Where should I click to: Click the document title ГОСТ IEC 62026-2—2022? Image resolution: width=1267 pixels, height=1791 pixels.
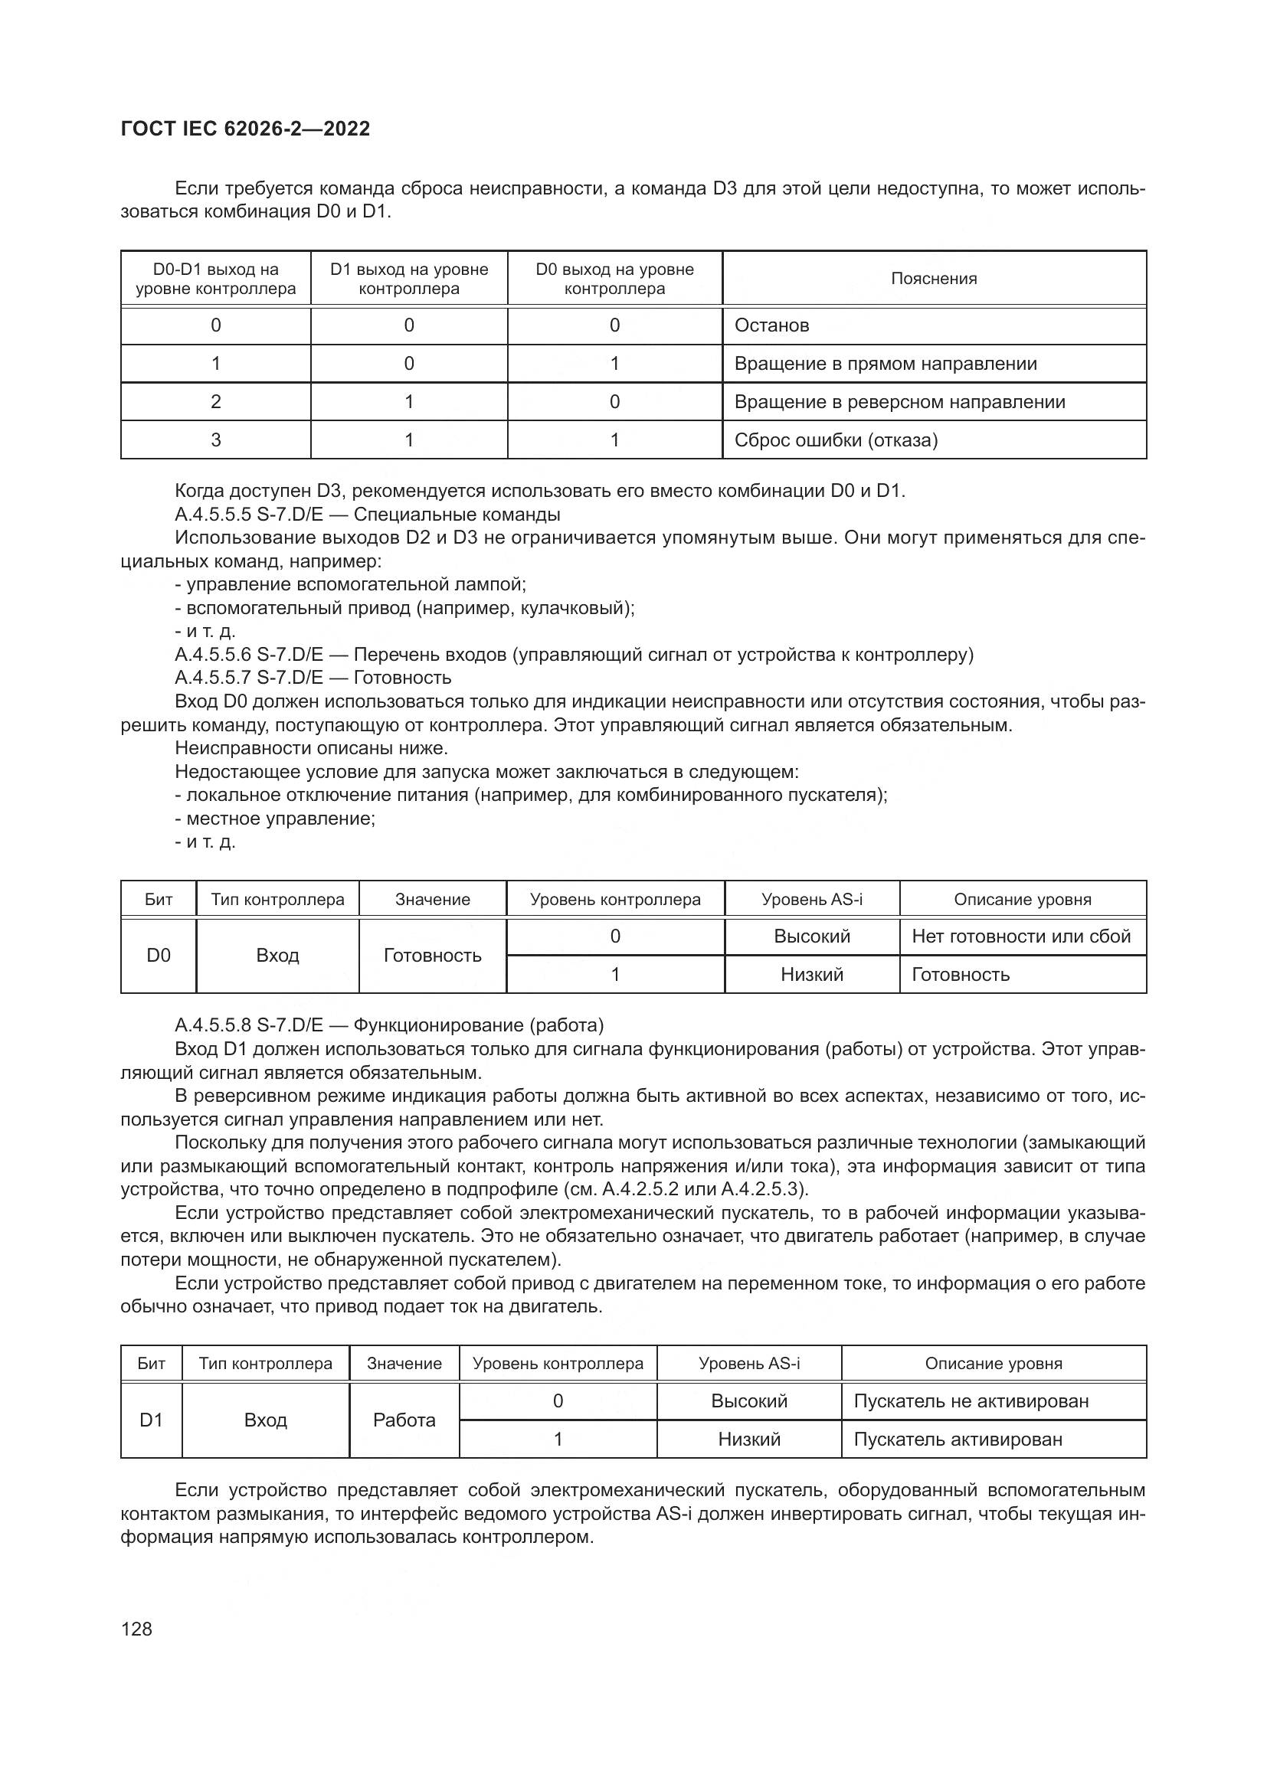(246, 129)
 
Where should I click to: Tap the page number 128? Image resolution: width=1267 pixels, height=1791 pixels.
(136, 1629)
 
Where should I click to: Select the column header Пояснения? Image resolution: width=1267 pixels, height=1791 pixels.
(933, 279)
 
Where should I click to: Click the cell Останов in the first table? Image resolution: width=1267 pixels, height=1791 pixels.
(771, 325)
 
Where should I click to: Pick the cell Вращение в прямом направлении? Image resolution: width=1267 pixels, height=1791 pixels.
(885, 364)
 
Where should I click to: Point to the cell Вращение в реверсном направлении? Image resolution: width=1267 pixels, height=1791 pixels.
(899, 402)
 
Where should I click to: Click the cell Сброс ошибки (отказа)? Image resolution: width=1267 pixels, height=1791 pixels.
(836, 440)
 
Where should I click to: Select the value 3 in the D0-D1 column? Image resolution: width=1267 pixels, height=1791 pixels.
(215, 440)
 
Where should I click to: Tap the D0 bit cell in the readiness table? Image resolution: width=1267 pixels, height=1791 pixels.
(159, 955)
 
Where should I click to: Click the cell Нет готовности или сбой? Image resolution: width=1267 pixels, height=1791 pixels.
(1020, 936)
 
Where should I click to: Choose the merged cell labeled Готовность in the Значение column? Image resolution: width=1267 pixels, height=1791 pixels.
(432, 955)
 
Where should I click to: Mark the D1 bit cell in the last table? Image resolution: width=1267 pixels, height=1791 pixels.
(152, 1420)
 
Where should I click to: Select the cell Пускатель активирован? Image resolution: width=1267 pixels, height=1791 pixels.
(958, 1440)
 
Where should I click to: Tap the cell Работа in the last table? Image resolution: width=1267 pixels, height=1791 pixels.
(404, 1420)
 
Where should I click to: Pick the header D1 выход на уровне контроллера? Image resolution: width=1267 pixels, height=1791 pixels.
(409, 279)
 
